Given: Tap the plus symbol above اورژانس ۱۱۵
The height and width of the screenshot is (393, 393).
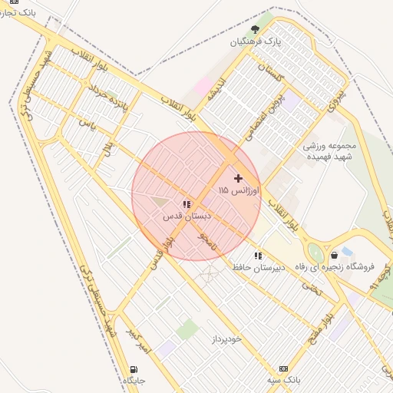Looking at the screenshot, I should pos(238,177).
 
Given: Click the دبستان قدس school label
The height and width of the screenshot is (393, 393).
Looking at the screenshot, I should pos(183,216).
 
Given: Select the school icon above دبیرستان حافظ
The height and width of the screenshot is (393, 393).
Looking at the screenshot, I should pos(258,255).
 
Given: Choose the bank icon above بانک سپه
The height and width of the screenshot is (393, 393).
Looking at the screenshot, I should pos(283,368).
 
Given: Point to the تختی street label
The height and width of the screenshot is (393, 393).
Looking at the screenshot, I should pos(289,286).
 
